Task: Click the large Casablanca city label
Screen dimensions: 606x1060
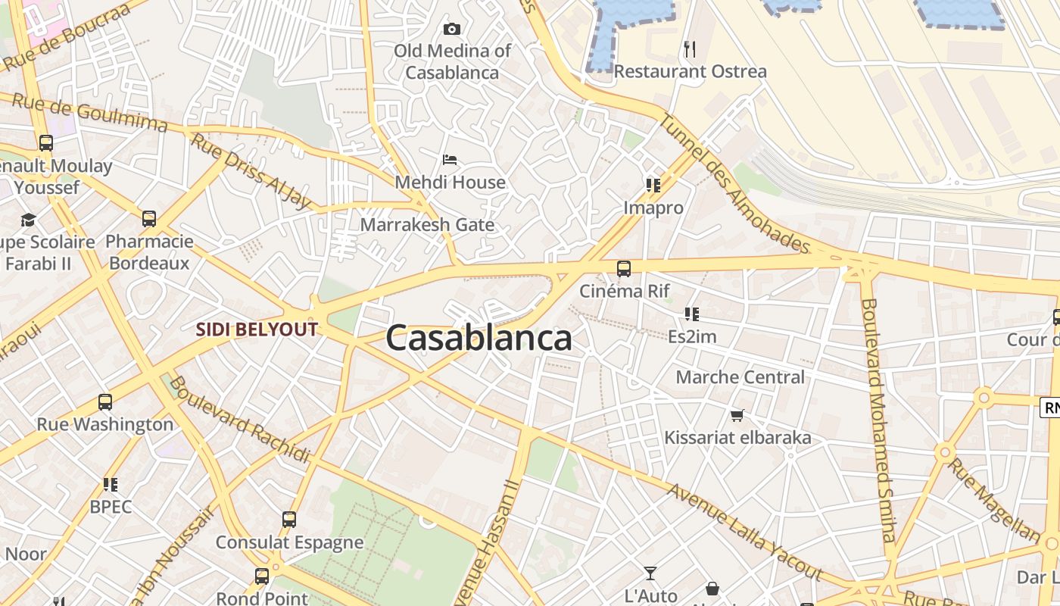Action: click(x=479, y=339)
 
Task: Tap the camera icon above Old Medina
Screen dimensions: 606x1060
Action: click(x=452, y=30)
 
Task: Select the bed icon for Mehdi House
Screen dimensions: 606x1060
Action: click(x=450, y=160)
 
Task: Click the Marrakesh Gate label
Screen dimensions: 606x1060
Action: click(x=427, y=225)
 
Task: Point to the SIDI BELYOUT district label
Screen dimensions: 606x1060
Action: click(x=257, y=330)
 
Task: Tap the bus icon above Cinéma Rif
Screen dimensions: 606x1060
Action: click(x=624, y=269)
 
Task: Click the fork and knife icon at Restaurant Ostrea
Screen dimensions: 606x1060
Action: click(x=689, y=49)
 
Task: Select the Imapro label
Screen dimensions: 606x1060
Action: click(x=653, y=208)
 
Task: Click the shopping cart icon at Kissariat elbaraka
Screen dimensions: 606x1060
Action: click(x=737, y=415)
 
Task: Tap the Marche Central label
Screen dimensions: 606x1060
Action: click(x=740, y=377)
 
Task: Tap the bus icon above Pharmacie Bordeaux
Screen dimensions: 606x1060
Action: click(x=149, y=220)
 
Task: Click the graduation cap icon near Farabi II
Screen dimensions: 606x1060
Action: click(x=29, y=220)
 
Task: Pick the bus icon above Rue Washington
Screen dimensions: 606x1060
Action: click(x=105, y=402)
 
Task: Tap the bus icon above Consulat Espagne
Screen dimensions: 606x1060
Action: click(x=288, y=520)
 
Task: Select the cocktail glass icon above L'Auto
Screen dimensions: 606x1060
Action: click(x=650, y=573)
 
